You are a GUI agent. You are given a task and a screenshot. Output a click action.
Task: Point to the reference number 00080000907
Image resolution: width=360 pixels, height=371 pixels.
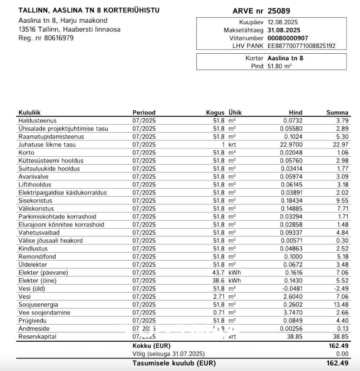point(288,38)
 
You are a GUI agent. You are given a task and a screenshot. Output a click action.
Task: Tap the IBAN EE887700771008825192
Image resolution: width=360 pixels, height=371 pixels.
point(301,46)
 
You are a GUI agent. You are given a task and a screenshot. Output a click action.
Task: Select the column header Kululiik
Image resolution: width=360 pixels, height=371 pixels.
point(30,113)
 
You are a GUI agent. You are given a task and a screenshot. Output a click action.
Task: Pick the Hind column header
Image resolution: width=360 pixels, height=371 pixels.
point(296,113)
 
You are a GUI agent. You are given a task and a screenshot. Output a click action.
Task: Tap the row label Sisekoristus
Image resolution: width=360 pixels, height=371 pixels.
point(35,201)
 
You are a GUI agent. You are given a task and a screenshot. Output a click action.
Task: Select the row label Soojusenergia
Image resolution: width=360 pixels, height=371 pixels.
point(38,305)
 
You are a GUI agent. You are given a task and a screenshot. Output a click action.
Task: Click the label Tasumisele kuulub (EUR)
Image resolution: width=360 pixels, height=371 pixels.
point(174,363)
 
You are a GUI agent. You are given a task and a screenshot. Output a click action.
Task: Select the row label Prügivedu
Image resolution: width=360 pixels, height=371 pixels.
point(32,320)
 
